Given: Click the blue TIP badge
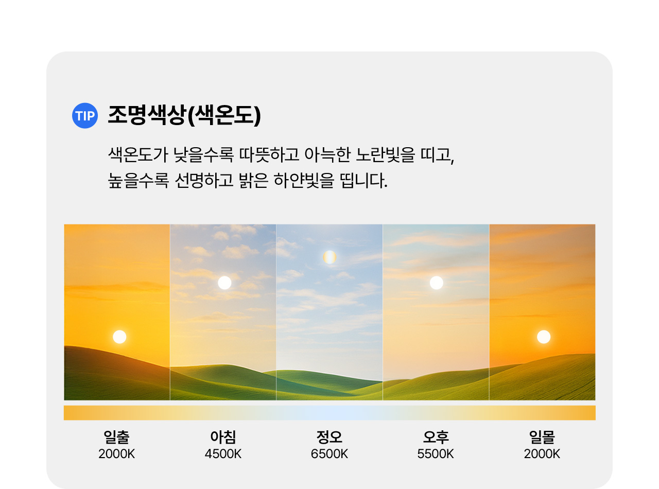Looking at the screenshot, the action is click(x=85, y=116).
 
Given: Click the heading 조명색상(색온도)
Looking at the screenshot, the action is click(x=184, y=115).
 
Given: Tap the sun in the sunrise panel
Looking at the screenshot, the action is click(x=119, y=337).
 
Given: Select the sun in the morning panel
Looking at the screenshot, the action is click(x=224, y=283).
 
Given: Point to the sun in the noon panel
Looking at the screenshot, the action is click(x=329, y=257).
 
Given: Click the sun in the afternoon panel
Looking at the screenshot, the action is click(x=437, y=283).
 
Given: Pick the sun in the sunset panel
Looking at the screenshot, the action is click(x=544, y=337).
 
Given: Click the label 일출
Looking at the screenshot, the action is click(x=116, y=436).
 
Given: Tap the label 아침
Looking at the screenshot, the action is click(x=223, y=436).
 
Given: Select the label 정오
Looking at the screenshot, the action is click(x=329, y=436).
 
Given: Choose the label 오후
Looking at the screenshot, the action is click(x=436, y=436).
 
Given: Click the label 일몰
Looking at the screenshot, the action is click(x=542, y=436).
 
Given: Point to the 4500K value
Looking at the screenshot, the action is click(x=223, y=454).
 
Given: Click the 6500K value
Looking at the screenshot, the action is click(x=329, y=454).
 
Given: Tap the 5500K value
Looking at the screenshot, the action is click(x=436, y=454).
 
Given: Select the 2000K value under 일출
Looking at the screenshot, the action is click(x=116, y=454).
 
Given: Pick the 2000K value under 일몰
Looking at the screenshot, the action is click(x=542, y=454).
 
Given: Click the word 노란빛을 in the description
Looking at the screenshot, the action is click(x=385, y=155).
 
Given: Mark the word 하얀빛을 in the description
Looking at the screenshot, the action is click(x=304, y=180).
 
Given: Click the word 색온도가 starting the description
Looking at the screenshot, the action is click(x=138, y=155).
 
